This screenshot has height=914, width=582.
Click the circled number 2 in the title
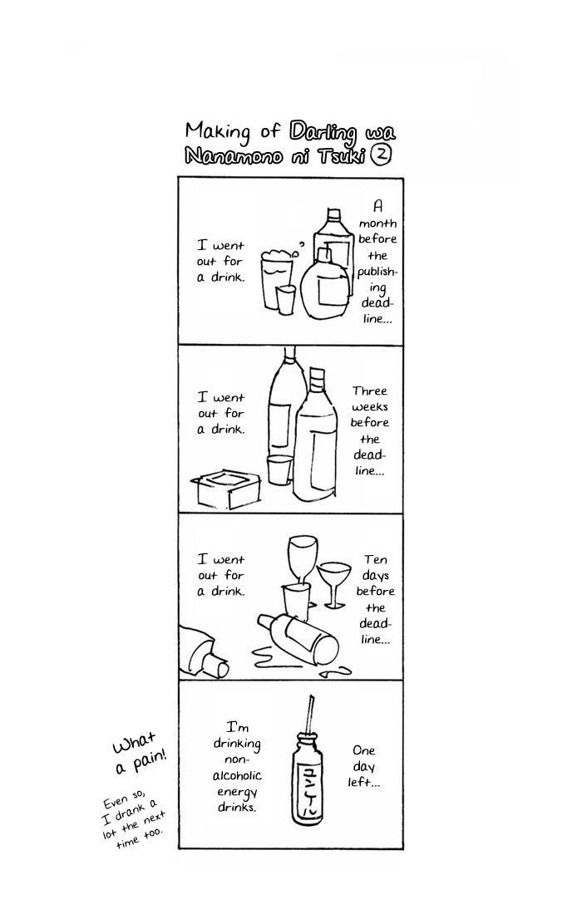[382, 155]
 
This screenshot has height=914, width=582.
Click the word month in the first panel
[377, 224]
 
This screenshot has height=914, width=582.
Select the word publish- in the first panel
[377, 273]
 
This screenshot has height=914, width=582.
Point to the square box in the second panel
[225, 489]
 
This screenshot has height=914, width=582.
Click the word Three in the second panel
[369, 391]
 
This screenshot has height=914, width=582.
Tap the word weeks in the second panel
[370, 407]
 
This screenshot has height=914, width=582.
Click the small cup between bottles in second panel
[279, 469]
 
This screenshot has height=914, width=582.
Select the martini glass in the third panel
[334, 584]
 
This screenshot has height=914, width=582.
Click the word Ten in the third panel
[376, 559]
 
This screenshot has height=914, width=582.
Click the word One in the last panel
[363, 750]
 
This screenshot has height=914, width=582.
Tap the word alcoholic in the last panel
[237, 776]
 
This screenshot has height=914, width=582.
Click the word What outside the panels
[134, 743]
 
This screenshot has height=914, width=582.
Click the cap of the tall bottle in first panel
[333, 214]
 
